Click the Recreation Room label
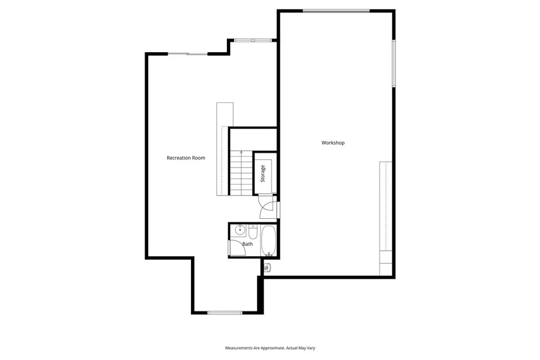186,158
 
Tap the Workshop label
333,143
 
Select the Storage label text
263,174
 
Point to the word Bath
247,244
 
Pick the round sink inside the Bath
239,230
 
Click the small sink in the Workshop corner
267,268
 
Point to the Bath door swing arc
235,248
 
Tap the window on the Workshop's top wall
336,10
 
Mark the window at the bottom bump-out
225,313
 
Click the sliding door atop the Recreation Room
188,54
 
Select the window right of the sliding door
252,40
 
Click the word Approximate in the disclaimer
271,348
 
